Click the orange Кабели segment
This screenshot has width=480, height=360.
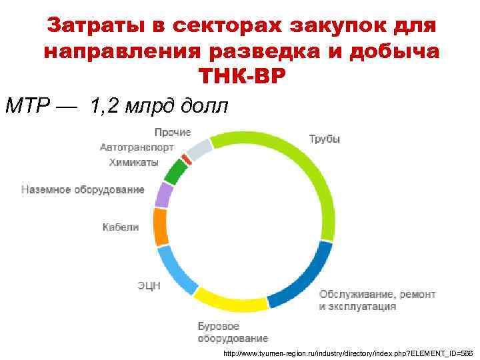[160, 227]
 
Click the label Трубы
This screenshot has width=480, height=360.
[325, 139]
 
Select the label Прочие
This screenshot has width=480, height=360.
[173, 132]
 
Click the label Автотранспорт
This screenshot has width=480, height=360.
[137, 147]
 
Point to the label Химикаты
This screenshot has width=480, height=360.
[134, 162]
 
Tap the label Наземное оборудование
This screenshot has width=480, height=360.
[83, 189]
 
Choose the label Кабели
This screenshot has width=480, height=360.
[121, 227]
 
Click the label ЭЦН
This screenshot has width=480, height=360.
[149, 286]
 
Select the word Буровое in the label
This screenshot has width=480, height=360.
[219, 327]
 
